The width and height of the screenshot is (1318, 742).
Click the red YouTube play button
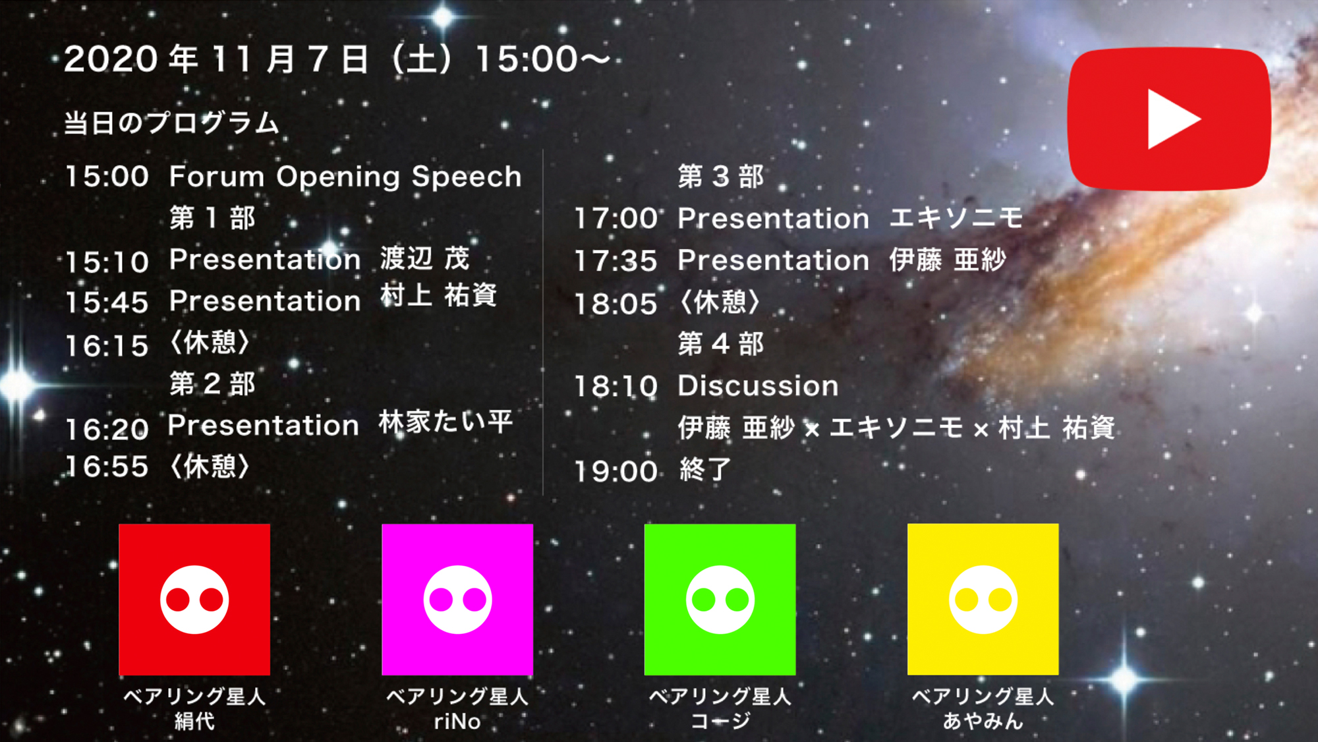(1168, 119)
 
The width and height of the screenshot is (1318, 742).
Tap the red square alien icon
(194, 599)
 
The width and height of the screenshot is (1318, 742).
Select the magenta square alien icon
(457, 599)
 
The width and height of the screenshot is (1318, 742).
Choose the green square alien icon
(720, 599)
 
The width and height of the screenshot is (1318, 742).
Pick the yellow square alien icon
(983, 599)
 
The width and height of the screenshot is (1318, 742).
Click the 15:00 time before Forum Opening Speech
(107, 177)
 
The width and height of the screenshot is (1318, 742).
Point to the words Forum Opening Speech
(345, 177)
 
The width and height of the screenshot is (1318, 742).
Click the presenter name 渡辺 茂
(425, 258)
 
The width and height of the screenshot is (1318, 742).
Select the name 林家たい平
(445, 422)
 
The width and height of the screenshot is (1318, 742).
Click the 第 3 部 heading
(721, 177)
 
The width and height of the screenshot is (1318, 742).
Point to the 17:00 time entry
(616, 219)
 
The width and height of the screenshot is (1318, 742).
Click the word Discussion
(759, 386)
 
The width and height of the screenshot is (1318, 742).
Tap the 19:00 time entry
(616, 471)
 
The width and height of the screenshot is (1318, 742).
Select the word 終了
(705, 470)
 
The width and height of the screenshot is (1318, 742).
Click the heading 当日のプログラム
(171, 123)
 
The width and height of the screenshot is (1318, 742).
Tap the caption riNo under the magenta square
(457, 722)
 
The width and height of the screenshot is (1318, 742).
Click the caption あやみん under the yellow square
(983, 721)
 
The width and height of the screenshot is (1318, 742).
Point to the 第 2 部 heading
(212, 384)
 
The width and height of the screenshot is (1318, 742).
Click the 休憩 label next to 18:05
(721, 302)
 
